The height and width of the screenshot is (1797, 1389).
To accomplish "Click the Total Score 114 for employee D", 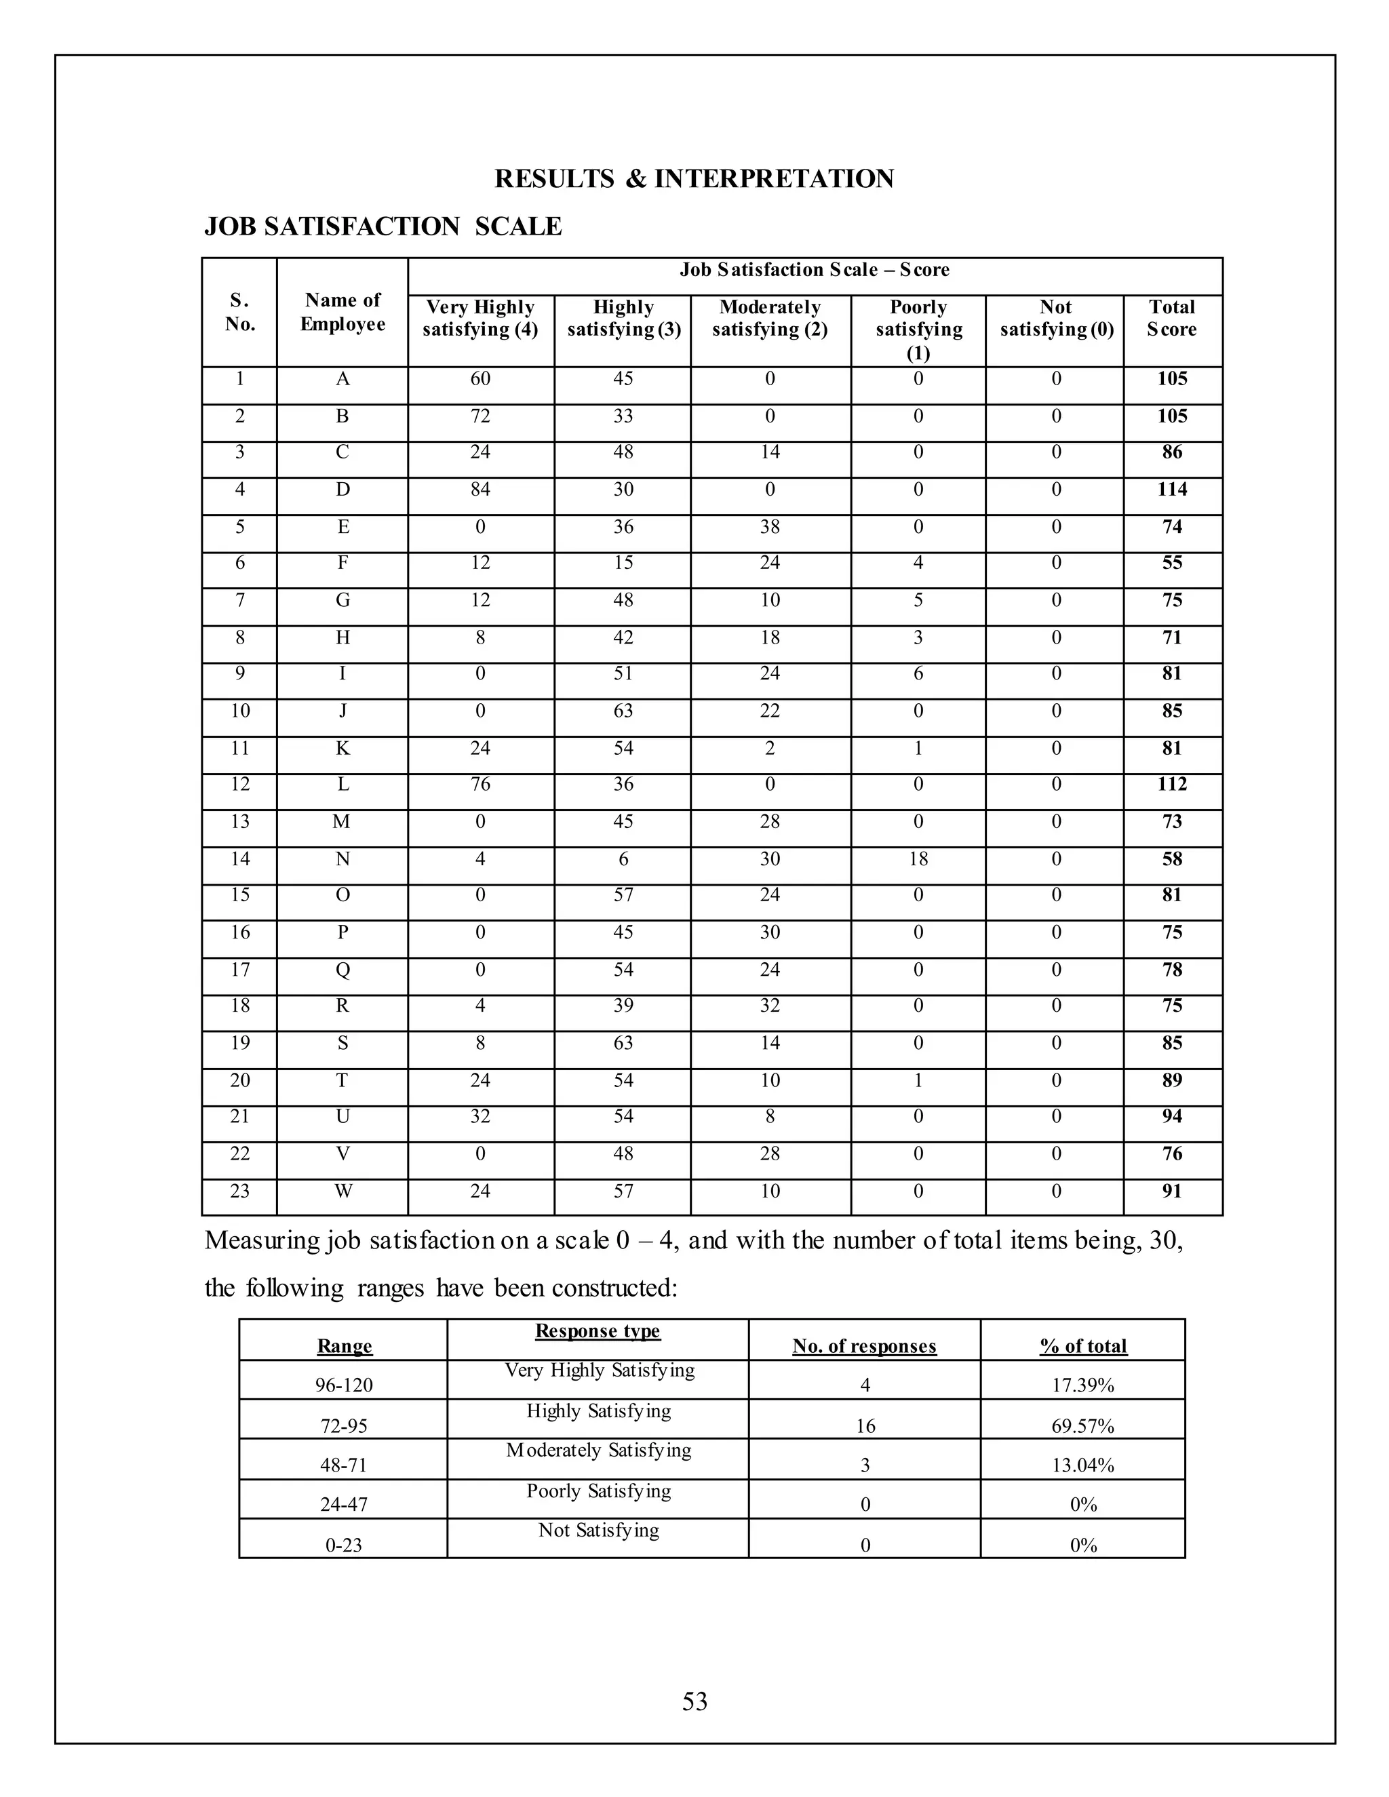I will pos(1172,490).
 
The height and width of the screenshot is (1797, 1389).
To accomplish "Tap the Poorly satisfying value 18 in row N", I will pos(918,859).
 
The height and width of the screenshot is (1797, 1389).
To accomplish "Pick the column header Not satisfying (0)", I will pos(1056,319).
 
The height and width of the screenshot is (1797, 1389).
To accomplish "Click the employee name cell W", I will pos(343,1191).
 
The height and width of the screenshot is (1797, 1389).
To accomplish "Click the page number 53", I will pos(694,1701).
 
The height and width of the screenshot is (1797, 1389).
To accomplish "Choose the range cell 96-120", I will pos(344,1385).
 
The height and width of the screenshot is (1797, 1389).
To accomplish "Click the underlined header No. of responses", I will pos(864,1346).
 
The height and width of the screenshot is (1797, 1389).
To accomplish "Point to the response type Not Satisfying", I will pos(598,1531).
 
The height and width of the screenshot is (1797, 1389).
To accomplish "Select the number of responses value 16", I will pos(865,1426).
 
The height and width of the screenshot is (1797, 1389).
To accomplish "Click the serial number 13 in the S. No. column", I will pos(239,822).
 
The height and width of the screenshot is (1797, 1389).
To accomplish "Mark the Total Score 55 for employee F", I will pos(1172,563).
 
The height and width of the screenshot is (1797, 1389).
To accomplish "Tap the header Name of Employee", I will pos(343,312).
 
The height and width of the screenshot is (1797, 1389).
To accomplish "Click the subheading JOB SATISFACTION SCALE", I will pos(383,226).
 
